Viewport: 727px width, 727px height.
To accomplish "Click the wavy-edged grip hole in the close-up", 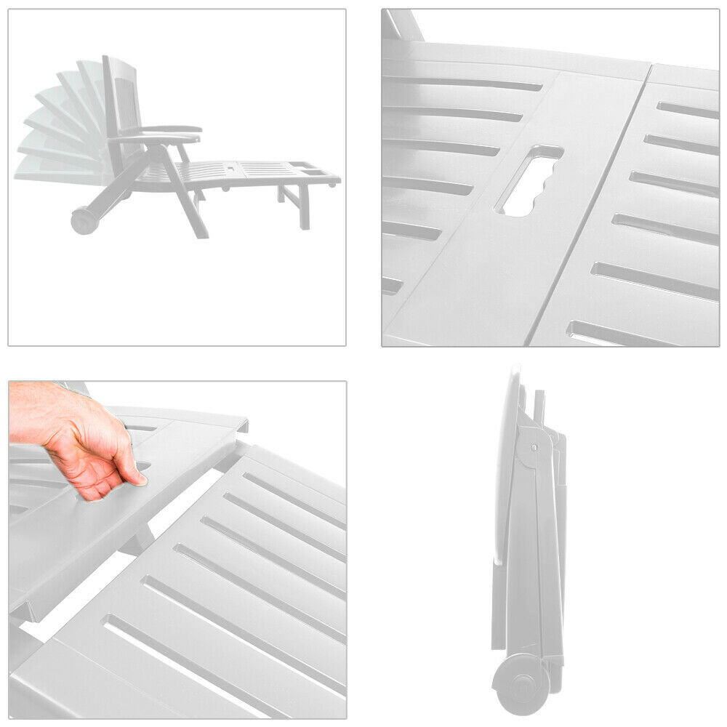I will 529,182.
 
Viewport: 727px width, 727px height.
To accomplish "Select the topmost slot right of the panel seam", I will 687,109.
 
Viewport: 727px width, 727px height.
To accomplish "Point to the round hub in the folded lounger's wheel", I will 519,683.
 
